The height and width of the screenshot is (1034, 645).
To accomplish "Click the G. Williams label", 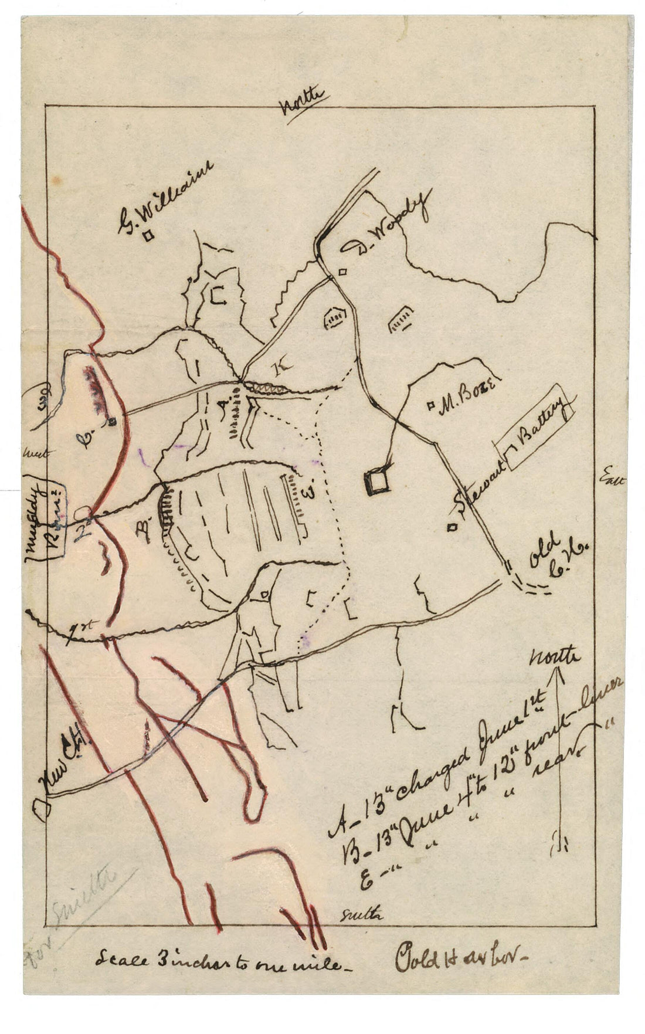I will point(166,196).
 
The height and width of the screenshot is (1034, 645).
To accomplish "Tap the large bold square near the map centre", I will point(376,481).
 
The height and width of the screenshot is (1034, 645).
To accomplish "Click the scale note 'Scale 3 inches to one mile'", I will point(218,962).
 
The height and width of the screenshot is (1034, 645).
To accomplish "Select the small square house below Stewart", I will point(451,527).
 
